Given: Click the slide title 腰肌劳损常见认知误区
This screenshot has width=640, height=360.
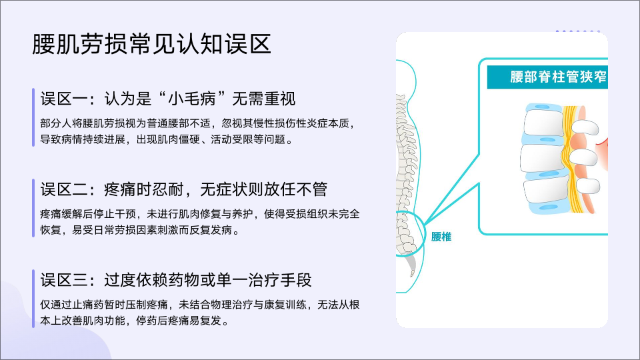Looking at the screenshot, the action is point(152,44).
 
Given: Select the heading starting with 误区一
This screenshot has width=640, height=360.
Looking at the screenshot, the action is point(168,99).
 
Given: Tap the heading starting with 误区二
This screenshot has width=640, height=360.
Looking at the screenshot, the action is point(184,189).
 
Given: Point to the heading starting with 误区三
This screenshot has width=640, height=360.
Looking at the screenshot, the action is point(176,280).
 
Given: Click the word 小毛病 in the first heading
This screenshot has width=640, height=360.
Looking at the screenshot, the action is point(192,99).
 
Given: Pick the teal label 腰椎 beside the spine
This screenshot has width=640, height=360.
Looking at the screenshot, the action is point(441,237).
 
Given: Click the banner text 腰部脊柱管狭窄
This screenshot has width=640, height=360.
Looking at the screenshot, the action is point(558,77).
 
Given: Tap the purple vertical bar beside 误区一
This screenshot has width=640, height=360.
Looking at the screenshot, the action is point(33,117).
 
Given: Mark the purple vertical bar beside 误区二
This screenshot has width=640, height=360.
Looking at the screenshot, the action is point(33,208).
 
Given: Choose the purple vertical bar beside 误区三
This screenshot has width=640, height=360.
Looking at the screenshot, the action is point(33,299).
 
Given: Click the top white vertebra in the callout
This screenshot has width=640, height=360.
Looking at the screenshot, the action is point(543,123).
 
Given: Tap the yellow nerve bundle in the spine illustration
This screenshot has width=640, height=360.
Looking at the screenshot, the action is point(571,159).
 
